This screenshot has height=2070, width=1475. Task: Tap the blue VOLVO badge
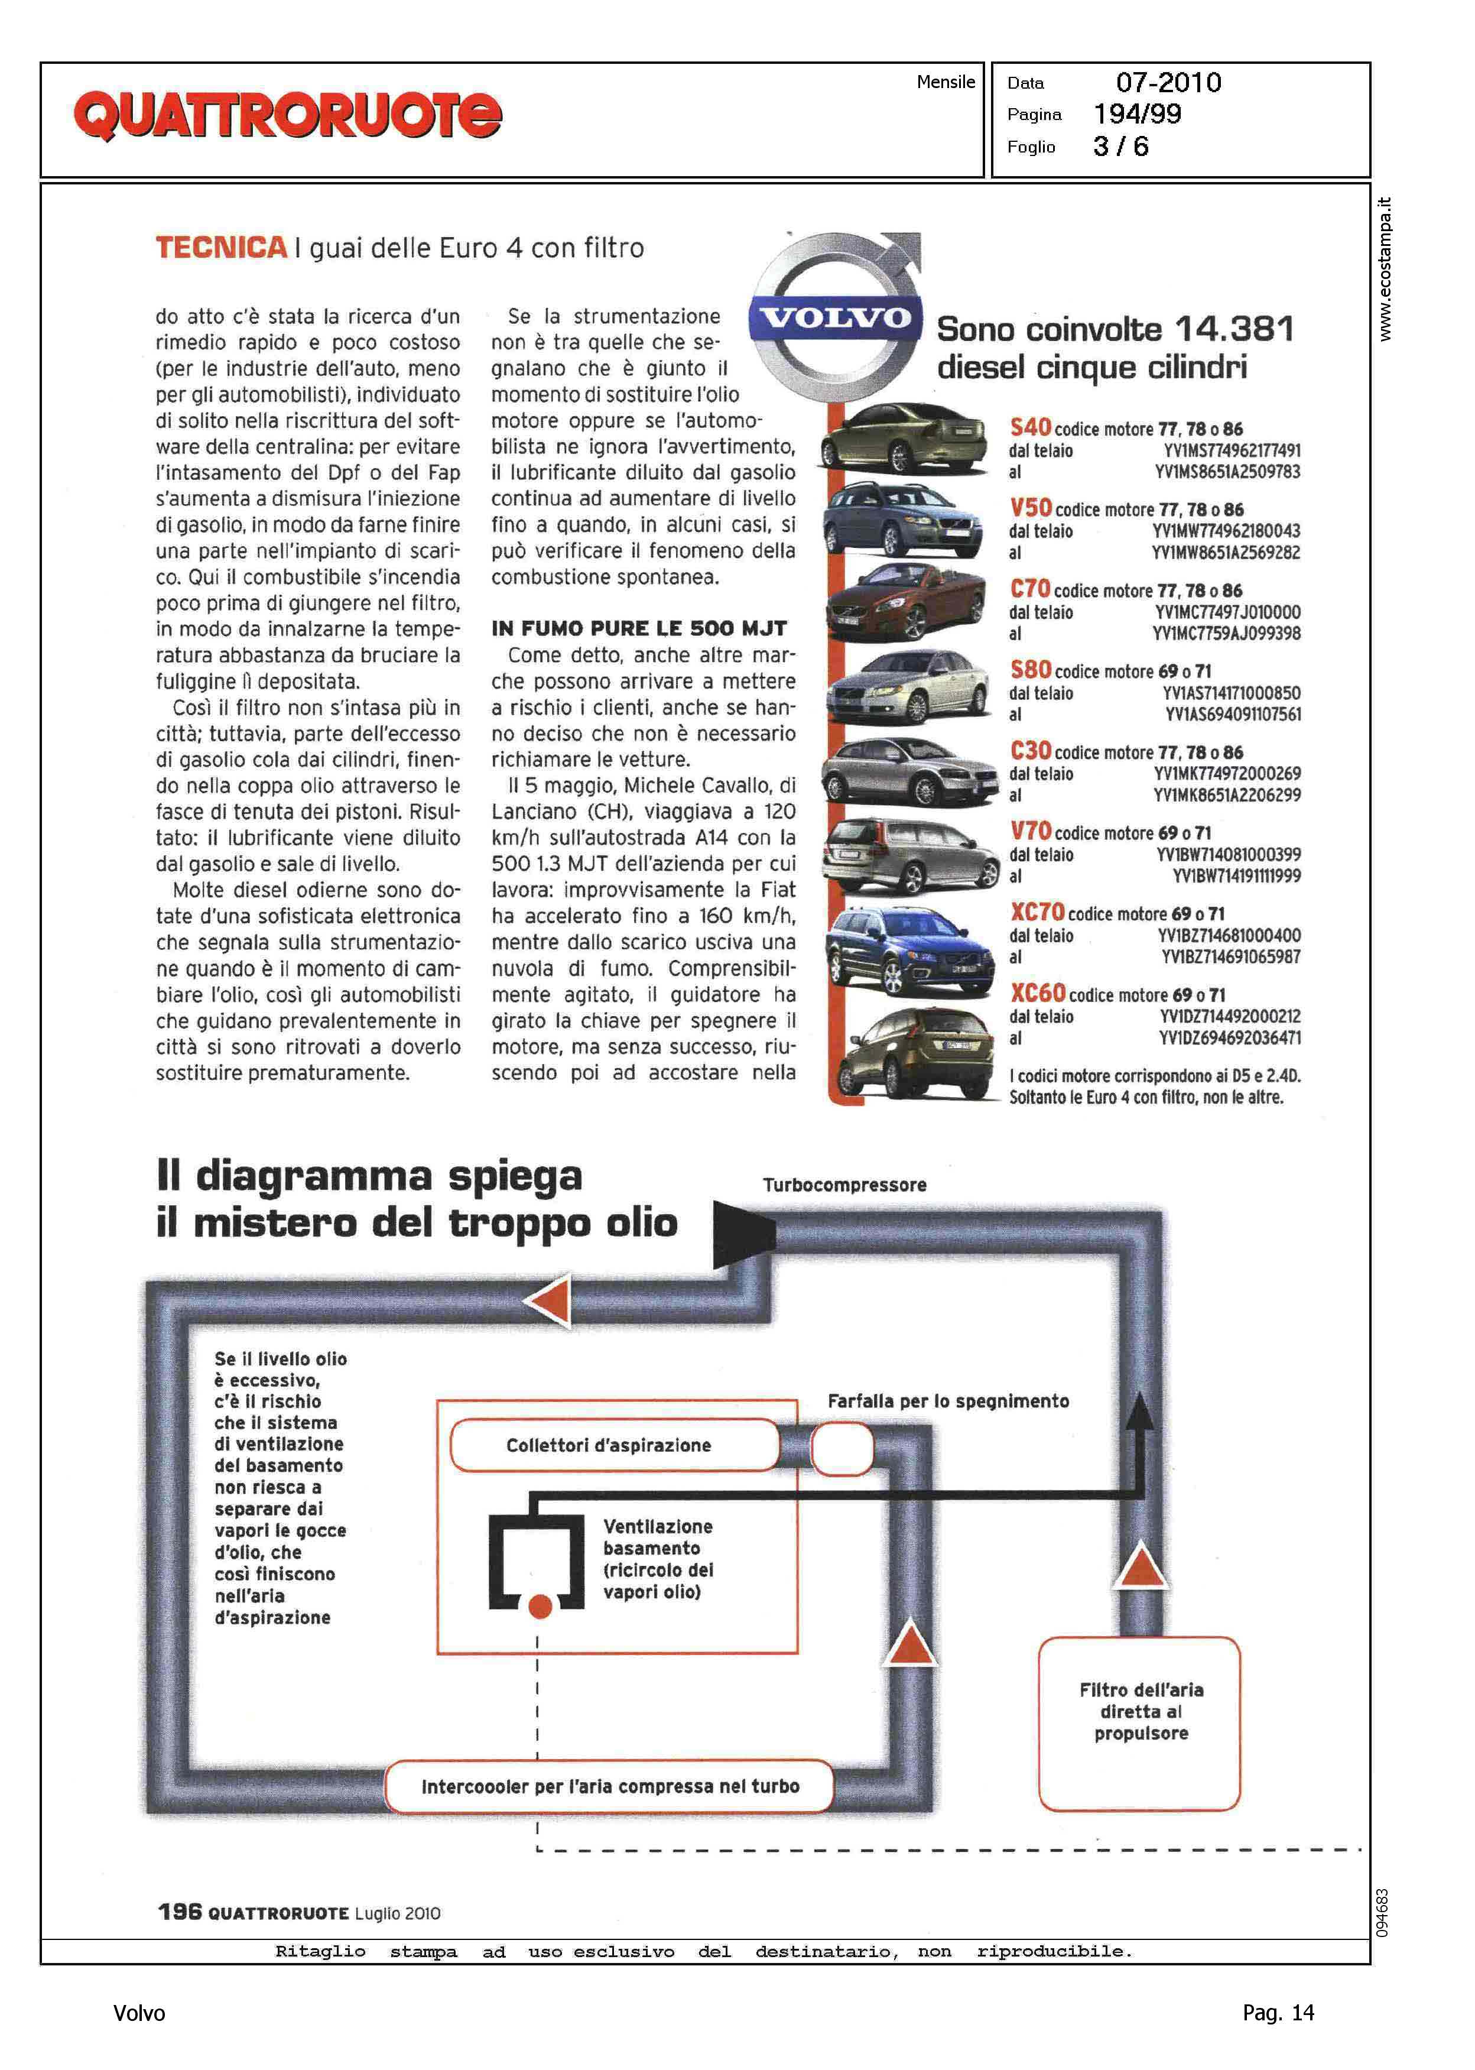[x=834, y=318]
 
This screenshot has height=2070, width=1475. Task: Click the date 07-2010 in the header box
[x=1168, y=83]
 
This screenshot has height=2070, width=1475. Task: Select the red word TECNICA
[x=220, y=247]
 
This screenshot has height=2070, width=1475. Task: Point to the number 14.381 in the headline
[x=1234, y=329]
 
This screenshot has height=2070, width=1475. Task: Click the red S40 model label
[x=1030, y=427]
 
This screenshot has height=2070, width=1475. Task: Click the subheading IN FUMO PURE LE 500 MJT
[x=638, y=628]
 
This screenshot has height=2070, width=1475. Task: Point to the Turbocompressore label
[x=844, y=1185]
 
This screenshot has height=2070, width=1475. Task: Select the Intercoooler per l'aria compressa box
[x=609, y=1786]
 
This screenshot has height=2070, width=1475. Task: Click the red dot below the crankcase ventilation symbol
[x=540, y=1607]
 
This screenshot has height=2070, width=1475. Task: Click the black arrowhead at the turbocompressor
[x=743, y=1232]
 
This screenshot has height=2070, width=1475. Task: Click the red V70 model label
[x=1030, y=831]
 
